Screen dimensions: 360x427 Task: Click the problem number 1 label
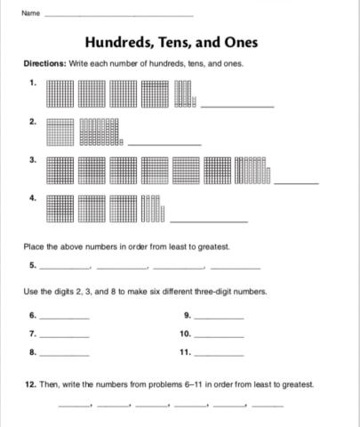point(33,83)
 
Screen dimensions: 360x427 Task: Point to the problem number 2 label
point(33,121)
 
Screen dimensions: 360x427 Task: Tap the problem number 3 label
point(33,160)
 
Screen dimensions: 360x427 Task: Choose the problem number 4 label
point(33,198)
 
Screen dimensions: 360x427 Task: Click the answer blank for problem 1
point(237,106)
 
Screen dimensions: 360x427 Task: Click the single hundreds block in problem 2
point(59,132)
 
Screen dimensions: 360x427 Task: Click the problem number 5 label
point(33,265)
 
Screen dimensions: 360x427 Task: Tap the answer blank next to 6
point(65,317)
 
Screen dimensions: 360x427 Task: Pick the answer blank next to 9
point(219,317)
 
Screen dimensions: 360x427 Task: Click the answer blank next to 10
point(219,335)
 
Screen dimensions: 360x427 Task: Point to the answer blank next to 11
point(219,354)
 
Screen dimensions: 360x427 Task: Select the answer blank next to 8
point(65,354)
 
